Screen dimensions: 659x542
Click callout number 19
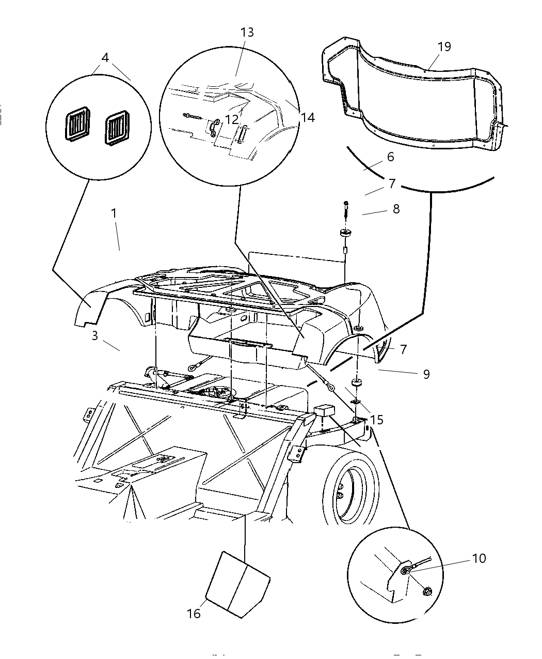(444, 47)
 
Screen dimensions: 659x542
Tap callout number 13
(247, 33)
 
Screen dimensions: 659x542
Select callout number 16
(194, 614)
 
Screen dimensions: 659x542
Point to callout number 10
(479, 559)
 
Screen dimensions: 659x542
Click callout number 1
(114, 213)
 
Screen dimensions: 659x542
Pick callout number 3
(95, 335)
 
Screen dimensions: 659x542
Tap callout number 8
(396, 209)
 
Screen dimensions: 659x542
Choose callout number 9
(426, 374)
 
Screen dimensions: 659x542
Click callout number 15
(377, 420)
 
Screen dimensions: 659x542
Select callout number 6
(390, 157)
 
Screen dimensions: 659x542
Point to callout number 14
(308, 117)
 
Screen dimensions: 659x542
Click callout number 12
(232, 119)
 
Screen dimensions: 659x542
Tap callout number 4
(105, 57)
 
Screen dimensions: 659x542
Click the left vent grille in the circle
(78, 126)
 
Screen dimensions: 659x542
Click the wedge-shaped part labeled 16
(237, 584)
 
